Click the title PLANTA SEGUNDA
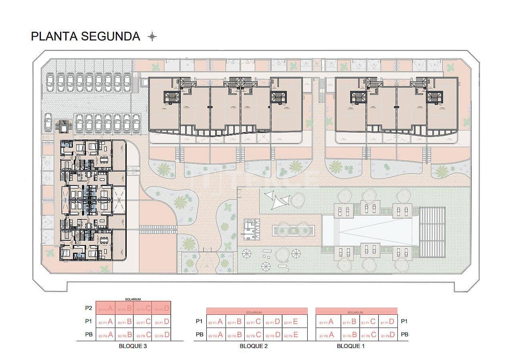85,36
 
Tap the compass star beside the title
152,37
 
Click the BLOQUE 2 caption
254,346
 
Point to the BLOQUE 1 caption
351,346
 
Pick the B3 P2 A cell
105,308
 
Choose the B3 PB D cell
162,335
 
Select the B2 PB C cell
254,335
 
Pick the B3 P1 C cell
143,322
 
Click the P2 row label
89,308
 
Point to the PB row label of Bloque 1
405,334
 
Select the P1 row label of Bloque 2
199,321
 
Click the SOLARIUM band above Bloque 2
256,311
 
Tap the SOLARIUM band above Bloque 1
356,311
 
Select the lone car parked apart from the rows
48,122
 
